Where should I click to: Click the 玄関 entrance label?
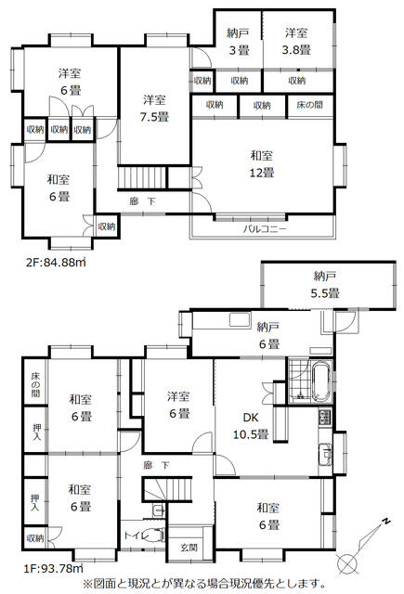point(189,548)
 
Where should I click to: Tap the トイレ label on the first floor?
point(134,536)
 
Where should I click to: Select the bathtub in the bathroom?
point(321,382)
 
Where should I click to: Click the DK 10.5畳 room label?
point(251,426)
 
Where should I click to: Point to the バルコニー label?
point(265,229)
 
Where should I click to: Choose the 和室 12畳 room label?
point(262,164)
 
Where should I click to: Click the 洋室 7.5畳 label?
point(154,109)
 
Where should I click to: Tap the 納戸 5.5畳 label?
point(325,285)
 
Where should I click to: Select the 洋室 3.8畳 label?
point(296,41)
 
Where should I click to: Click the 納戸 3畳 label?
point(239,42)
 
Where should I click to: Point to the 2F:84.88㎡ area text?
point(56,262)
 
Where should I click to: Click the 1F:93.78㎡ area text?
point(54,568)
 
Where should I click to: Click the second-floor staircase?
point(142,177)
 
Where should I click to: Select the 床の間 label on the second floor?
point(309,105)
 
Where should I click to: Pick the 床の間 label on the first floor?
point(35,384)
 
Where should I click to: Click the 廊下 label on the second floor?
point(142,201)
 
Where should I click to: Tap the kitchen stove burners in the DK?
point(325,417)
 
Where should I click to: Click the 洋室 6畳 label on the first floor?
point(178,406)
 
